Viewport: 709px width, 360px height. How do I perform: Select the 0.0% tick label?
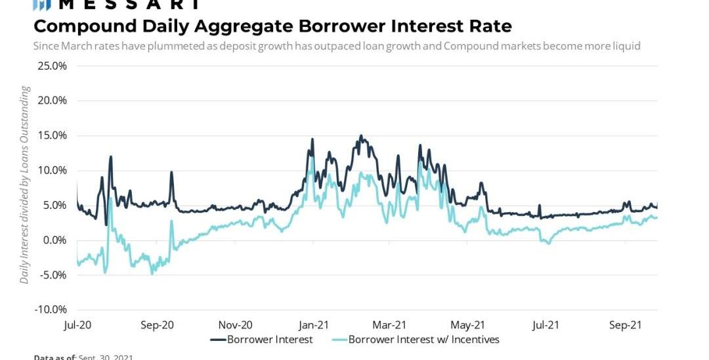(54, 240)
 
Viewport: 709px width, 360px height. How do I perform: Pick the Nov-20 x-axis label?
(235, 325)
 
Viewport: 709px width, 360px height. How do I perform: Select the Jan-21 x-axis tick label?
(313, 325)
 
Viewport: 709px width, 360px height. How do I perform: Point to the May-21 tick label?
(468, 325)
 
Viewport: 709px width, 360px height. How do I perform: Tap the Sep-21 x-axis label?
(624, 325)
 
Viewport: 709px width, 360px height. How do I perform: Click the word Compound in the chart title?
(78, 26)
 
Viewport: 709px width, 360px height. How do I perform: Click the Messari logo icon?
(42, 4)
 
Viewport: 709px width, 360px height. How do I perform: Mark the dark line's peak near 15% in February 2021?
(361, 136)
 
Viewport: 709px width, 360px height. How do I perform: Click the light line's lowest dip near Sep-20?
(152, 273)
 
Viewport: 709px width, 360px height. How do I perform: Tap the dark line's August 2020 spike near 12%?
(111, 156)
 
